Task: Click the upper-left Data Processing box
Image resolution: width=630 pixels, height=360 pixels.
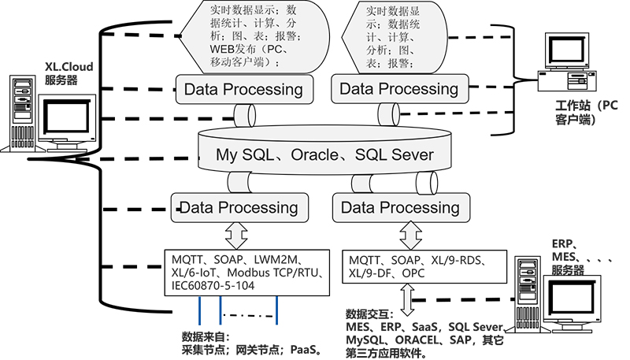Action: (x=243, y=89)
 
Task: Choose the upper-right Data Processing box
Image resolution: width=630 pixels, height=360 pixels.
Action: (x=398, y=89)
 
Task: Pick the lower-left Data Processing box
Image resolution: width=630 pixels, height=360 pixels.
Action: (x=239, y=208)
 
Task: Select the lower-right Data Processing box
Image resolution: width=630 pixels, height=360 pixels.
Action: (x=400, y=208)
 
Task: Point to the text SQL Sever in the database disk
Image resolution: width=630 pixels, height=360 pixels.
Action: (x=395, y=155)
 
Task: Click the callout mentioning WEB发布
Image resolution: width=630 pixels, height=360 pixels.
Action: (x=243, y=35)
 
